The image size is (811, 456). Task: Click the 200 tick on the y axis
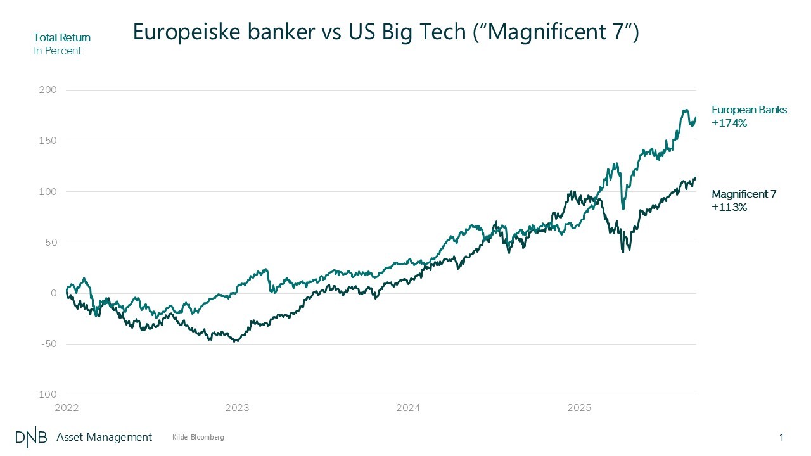49,90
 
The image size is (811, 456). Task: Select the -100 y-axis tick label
46,395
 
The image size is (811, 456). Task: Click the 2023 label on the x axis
237,408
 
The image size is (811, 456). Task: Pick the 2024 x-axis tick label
408,408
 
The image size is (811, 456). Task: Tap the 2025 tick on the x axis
579,408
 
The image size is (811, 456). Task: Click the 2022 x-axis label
67,408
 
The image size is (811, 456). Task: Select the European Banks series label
749,110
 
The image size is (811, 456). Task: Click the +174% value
729,123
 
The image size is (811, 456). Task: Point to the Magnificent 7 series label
744,194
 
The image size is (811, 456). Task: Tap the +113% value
729,207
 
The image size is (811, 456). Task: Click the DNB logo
31,437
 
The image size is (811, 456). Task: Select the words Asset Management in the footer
105,437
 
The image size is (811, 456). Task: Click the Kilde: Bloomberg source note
198,438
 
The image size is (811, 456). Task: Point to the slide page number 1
782,437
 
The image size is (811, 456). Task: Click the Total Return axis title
62,38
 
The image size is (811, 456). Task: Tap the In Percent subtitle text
58,51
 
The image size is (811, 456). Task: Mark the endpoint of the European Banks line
696,117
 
